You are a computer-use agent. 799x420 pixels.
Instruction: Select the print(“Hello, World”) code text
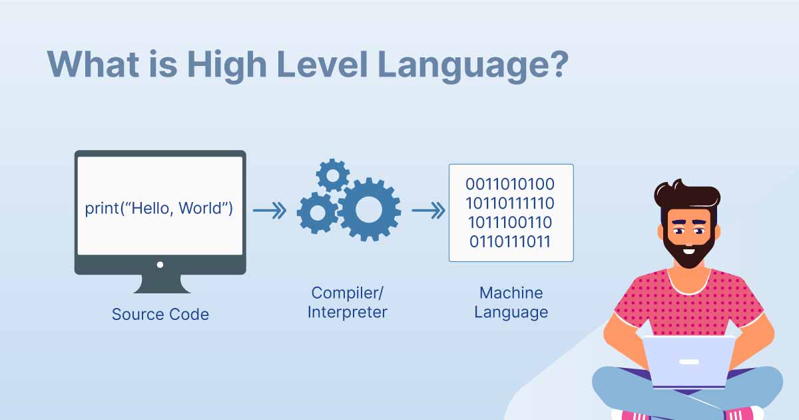(159, 208)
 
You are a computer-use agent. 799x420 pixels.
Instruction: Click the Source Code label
(160, 314)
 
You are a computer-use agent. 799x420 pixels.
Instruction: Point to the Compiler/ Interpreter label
(347, 302)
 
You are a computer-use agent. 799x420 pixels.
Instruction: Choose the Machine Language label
(511, 302)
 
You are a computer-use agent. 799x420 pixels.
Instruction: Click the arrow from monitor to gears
(269, 211)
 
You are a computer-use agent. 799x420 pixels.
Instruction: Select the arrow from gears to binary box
(427, 211)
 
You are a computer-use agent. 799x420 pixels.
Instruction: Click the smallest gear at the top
(332, 175)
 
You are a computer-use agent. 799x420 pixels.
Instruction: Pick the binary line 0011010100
(510, 184)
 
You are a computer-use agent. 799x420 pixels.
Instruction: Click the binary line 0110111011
(510, 241)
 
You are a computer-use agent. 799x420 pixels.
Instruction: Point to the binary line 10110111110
(510, 203)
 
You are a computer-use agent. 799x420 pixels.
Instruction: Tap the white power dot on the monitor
(160, 265)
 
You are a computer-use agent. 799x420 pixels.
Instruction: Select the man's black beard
(689, 250)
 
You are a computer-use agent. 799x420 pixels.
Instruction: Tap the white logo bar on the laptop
(688, 362)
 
